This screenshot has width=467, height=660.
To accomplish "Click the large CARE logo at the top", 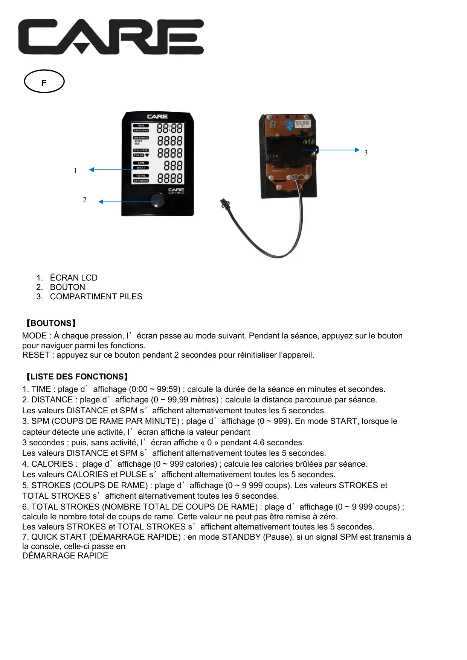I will tap(111, 37).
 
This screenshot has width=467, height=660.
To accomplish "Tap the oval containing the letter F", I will tap(44, 81).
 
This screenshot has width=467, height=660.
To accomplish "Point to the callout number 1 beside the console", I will tap(75, 171).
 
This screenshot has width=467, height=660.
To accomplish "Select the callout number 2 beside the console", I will tap(85, 200).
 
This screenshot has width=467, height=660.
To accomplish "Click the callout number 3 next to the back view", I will tap(366, 153).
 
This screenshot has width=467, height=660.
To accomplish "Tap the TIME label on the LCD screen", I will tap(141, 126).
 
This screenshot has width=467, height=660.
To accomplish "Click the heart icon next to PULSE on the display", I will tap(147, 155).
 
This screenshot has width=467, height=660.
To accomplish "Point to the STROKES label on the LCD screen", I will tap(141, 181).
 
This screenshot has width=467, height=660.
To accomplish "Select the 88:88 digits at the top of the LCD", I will tap(169, 128).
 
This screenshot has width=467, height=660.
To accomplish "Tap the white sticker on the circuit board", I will tap(302, 124).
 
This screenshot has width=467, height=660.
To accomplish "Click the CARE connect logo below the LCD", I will tap(176, 191).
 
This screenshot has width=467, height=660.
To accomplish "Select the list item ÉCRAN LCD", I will tap(74, 278).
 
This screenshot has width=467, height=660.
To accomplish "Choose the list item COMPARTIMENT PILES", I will tap(96, 297).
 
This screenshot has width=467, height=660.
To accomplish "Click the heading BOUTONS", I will tap(50, 323).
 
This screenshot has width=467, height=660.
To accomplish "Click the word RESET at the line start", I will tap(36, 355).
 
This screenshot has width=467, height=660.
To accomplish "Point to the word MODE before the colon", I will tap(34, 336).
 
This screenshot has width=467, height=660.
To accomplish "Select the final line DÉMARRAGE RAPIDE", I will tap(65, 556).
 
